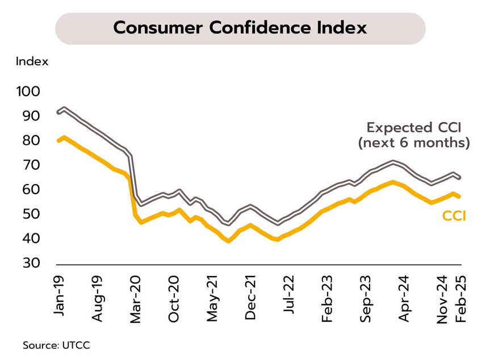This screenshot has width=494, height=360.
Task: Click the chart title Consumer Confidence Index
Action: (240, 28)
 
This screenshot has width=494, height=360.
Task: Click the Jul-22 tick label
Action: (289, 295)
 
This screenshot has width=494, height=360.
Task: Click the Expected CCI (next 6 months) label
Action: (414, 135)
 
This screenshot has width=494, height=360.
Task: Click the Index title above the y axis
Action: (32, 61)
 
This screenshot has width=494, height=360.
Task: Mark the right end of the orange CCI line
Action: (460, 196)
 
